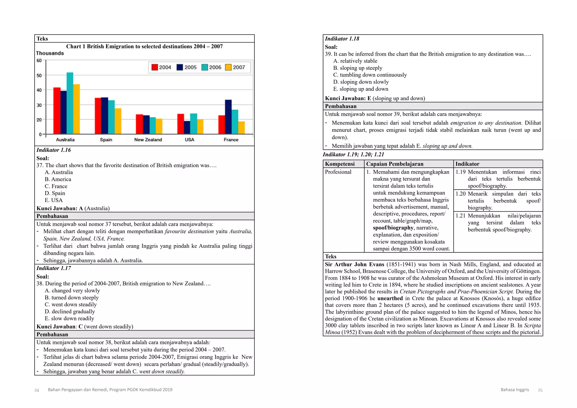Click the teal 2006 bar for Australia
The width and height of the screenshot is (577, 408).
70,103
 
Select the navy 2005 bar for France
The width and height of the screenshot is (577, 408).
228,117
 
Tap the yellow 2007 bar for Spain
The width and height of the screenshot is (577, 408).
118,121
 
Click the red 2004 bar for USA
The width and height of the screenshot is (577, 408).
181,124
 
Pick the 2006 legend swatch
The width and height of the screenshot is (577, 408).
205,67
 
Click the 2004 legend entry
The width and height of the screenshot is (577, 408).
161,67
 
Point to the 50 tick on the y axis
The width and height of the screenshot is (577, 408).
39,76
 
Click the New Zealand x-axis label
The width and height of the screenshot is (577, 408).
148,140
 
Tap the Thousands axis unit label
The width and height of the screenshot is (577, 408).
50,53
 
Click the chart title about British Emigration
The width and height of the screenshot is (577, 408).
144,46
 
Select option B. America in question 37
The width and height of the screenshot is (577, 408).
58,179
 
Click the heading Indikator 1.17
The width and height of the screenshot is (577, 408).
54,268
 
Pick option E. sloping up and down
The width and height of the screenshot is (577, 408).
360,89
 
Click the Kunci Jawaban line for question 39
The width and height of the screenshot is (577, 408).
375,98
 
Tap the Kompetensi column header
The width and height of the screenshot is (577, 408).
340,164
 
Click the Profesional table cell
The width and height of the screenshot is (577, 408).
338,172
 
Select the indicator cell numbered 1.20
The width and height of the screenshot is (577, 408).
498,201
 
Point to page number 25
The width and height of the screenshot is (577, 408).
540,390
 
